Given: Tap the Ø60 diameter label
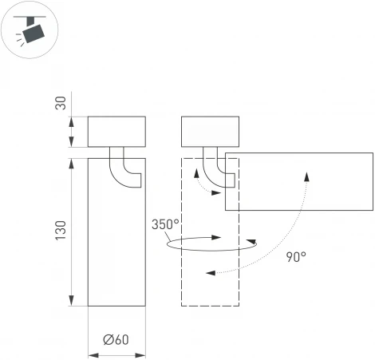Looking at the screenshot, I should pos(116,338).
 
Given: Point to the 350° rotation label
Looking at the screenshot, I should pos(165,224).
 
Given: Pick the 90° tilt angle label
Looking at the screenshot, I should pos(295,256).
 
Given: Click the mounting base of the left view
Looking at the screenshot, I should pos(116,132).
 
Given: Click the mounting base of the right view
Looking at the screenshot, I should pos(211,132).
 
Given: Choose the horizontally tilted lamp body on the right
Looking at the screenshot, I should pos(299,180).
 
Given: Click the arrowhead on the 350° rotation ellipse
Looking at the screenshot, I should pos(218,237).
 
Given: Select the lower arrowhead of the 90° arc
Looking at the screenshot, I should pos(210,274).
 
